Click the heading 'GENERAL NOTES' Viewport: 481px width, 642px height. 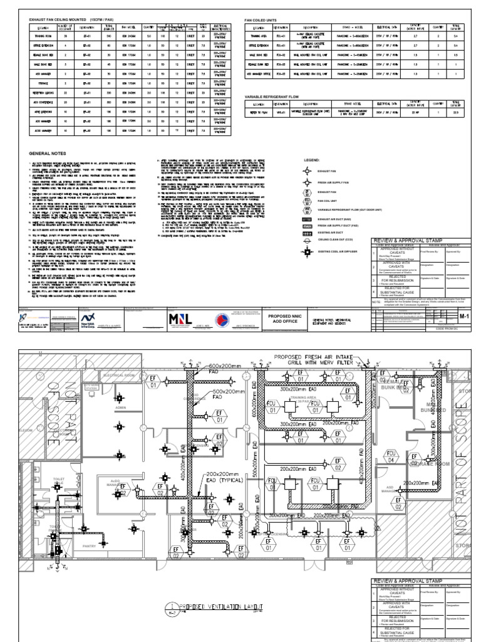point(48,152)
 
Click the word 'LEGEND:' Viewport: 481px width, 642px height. point(311,160)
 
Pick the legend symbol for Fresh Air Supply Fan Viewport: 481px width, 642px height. point(308,181)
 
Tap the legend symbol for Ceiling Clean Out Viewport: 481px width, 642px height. point(308,238)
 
